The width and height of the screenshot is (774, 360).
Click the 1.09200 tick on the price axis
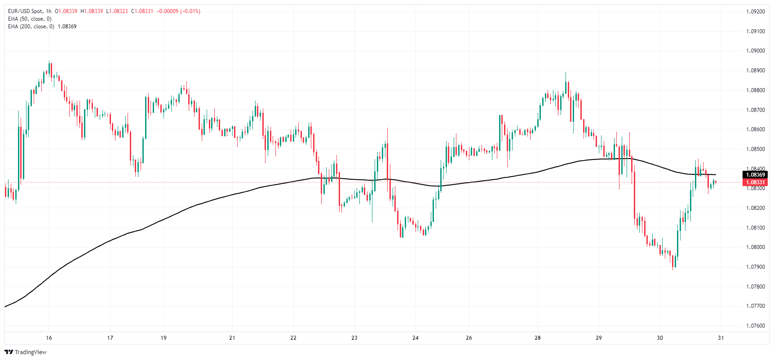click(x=755, y=12)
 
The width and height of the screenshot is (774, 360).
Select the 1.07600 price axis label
click(x=755, y=326)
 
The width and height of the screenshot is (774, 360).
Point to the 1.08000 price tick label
click(x=755, y=247)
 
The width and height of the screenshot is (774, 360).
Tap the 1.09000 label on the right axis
click(x=755, y=51)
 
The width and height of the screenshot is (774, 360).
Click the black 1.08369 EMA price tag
click(x=755, y=175)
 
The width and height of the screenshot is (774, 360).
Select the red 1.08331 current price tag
click(x=755, y=182)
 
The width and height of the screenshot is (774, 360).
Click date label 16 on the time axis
click(x=49, y=338)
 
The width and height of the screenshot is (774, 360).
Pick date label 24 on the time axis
click(x=416, y=338)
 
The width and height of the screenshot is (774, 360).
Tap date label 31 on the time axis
click(x=721, y=338)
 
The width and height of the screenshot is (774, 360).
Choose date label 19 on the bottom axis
click(x=164, y=338)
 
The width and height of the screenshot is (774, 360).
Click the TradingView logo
click(x=26, y=352)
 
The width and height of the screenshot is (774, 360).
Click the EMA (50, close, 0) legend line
click(x=30, y=19)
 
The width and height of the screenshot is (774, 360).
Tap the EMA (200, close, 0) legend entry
click(x=31, y=27)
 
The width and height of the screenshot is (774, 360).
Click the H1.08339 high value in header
click(x=92, y=11)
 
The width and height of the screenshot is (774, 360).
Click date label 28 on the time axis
click(x=538, y=338)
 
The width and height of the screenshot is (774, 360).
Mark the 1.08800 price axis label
click(x=755, y=90)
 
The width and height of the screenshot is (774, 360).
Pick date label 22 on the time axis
click(x=293, y=338)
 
